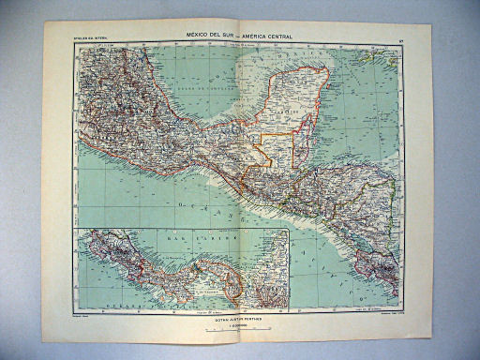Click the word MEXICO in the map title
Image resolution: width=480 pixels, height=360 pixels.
199,36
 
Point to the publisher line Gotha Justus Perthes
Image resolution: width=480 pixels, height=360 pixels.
241,319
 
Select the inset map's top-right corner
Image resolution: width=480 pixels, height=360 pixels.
288,230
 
